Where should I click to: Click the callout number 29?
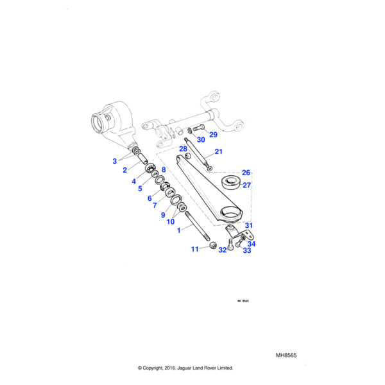pyautogui.click(x=213, y=135)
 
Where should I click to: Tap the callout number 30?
pyautogui.click(x=201, y=140)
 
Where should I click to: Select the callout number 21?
pyautogui.click(x=218, y=152)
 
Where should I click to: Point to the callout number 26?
pyautogui.click(x=245, y=173)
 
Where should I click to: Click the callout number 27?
pyautogui.click(x=246, y=185)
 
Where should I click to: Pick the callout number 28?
pyautogui.click(x=183, y=149)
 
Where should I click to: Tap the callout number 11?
pyautogui.click(x=195, y=249)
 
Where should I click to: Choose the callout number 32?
pyautogui.click(x=223, y=250)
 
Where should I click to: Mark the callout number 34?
pyautogui.click(x=252, y=244)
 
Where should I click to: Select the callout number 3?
pyautogui.click(x=115, y=160)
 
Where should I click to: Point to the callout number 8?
pyautogui.click(x=164, y=169)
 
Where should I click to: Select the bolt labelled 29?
pyautogui.click(x=197, y=128)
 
